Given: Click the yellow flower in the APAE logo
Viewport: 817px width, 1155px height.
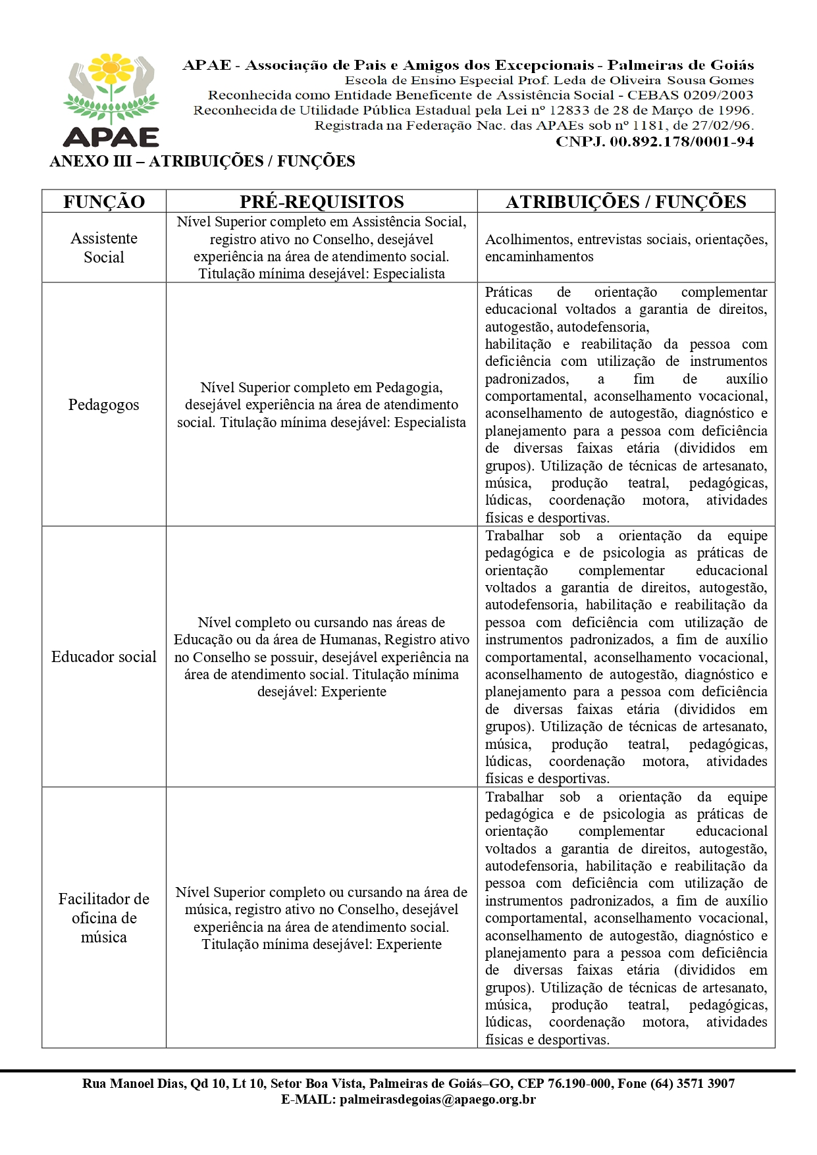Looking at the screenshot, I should [111, 68].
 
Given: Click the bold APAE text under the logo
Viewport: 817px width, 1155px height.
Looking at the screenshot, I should [111, 137].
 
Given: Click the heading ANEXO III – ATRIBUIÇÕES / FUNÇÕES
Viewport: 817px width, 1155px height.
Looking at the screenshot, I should [202, 161].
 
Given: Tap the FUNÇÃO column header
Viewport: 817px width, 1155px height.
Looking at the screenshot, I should [104, 202].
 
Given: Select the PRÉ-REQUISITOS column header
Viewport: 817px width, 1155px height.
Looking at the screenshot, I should [321, 202].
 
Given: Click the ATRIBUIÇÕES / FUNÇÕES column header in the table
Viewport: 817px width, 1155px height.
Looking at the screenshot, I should [625, 202].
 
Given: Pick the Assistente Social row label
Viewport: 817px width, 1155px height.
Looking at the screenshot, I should [104, 247].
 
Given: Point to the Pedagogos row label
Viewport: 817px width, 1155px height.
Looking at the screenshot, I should [104, 405].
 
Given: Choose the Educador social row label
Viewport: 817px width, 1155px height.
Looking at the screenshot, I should [104, 657].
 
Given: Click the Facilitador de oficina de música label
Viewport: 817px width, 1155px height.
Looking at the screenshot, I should [104, 917].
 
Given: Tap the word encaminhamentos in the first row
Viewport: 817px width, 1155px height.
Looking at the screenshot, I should [539, 257].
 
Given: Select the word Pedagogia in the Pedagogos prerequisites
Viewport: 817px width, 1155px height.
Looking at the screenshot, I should [409, 388].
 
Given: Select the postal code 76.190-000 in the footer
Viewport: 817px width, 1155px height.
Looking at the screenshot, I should [574, 1084].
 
